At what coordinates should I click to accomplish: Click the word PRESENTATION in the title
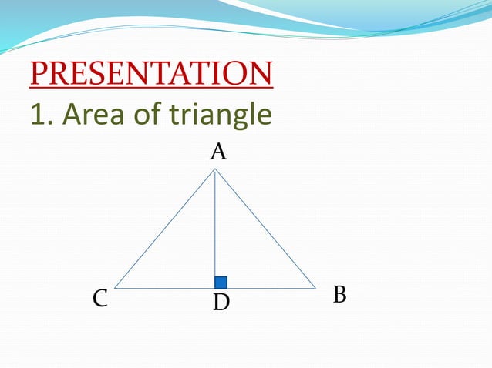click(x=151, y=74)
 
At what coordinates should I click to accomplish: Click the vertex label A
click(x=218, y=152)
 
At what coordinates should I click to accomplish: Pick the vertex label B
click(x=339, y=295)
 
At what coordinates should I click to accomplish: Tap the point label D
click(x=221, y=303)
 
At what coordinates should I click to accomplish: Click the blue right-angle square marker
click(x=221, y=283)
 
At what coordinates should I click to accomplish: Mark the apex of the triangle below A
click(x=214, y=170)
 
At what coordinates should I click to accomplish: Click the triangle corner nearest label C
click(x=115, y=289)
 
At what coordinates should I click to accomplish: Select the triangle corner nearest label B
click(x=315, y=289)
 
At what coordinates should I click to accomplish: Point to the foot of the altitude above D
click(x=214, y=289)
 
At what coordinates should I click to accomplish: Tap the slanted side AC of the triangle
click(x=164, y=229)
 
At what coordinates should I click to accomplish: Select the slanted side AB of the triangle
click(x=265, y=229)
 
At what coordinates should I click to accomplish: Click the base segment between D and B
click(x=266, y=289)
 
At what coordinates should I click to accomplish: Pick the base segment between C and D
click(x=164, y=289)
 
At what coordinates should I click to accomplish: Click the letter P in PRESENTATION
click(x=39, y=74)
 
